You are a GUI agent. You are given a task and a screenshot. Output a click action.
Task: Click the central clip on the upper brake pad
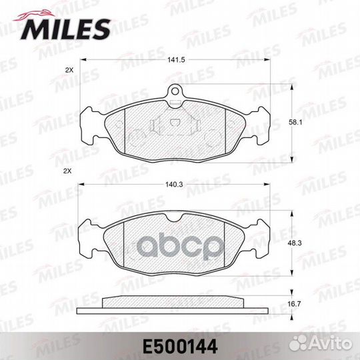(175, 125)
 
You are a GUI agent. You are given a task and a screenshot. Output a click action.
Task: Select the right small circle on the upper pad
(215, 137)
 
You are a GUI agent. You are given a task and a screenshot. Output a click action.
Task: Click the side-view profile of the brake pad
(175, 305)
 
